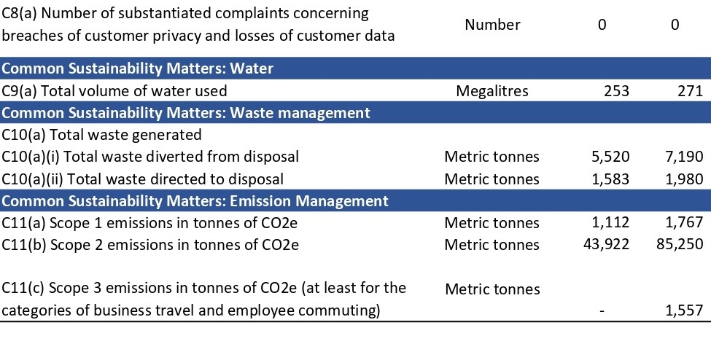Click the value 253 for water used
pyautogui.click(x=616, y=91)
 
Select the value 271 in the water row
pyautogui.click(x=689, y=91)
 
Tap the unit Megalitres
pyautogui.click(x=492, y=91)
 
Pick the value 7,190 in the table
pyautogui.click(x=683, y=157)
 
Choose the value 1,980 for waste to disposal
pyautogui.click(x=683, y=179)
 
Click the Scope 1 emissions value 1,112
pyautogui.click(x=609, y=222)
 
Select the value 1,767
pyautogui.click(x=683, y=222)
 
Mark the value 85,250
pyautogui.click(x=679, y=244)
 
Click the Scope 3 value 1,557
pyautogui.click(x=683, y=311)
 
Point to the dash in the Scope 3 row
pyautogui.click(x=602, y=311)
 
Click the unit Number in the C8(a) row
pyautogui.click(x=492, y=24)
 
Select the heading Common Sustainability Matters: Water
pyautogui.click(x=138, y=69)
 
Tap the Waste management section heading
pyautogui.click(x=186, y=113)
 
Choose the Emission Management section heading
pyautogui.click(x=195, y=200)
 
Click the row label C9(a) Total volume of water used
pyautogui.click(x=114, y=91)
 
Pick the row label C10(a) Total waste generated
pyautogui.click(x=101, y=135)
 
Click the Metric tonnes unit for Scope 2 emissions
pyautogui.click(x=492, y=244)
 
